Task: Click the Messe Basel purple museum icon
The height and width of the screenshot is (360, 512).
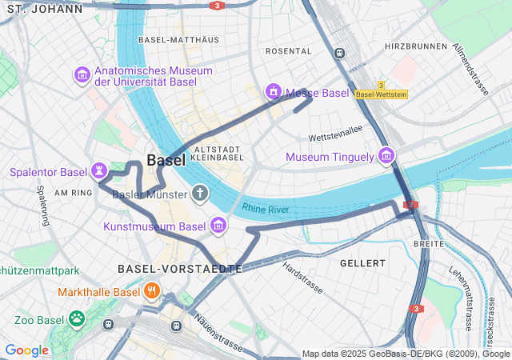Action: coord(274,92)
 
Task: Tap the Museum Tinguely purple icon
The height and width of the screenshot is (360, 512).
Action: coord(387,156)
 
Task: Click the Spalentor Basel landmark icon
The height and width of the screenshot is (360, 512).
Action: coord(98,171)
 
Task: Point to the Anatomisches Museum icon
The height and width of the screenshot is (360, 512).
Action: coord(82,75)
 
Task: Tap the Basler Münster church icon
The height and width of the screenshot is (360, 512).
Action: coord(199,194)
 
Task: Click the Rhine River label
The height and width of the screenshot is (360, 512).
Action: coord(265,209)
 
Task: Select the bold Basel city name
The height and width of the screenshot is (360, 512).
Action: coord(166,160)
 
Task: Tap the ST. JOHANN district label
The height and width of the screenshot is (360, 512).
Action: coord(42,9)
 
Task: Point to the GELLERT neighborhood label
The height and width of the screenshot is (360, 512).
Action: coord(362,262)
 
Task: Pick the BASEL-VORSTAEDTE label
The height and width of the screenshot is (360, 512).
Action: coord(179,269)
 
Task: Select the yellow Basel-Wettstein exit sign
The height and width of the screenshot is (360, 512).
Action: coord(382,94)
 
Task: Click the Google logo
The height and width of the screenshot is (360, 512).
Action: coord(26,350)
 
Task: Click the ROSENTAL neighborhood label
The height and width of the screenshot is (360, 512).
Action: coord(287,50)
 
